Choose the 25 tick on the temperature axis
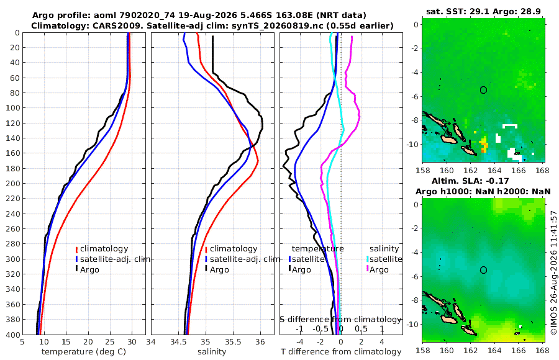(110, 341)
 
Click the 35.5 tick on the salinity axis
(233, 341)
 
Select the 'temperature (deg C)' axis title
(84, 352)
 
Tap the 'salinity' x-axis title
(212, 352)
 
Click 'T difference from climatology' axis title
(341, 352)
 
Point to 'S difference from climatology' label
(340, 319)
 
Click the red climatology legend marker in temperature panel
(76, 249)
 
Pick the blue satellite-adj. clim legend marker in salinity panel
(206, 259)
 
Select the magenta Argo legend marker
(367, 269)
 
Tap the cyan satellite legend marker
(367, 259)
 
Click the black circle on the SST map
(483, 90)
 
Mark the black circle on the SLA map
(483, 270)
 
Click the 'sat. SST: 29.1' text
(458, 11)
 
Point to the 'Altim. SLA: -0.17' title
(470, 181)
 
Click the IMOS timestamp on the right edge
(553, 272)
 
